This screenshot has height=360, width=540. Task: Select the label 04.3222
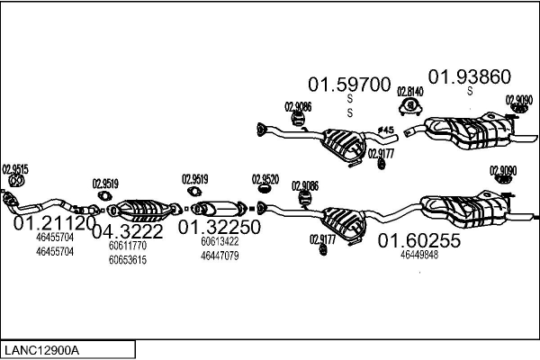pyautogui.click(x=127, y=231)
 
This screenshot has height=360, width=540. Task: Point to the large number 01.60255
pyautogui.click(x=418, y=240)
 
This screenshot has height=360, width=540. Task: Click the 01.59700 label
pyautogui.click(x=350, y=85)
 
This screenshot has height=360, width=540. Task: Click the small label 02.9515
pyautogui.click(x=15, y=168)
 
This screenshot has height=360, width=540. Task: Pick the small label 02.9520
pyautogui.click(x=265, y=178)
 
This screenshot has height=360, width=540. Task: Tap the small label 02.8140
pyautogui.click(x=410, y=92)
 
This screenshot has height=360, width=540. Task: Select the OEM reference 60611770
pyautogui.click(x=127, y=245)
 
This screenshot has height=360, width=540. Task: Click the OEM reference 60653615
pyautogui.click(x=127, y=260)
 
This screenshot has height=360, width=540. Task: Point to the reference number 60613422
pyautogui.click(x=220, y=240)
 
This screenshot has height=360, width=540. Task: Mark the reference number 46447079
pyautogui.click(x=220, y=256)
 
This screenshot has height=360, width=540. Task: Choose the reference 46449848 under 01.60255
pyautogui.click(x=419, y=255)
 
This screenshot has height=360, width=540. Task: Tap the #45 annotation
pyautogui.click(x=386, y=131)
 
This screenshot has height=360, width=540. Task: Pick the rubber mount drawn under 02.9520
pyautogui.click(x=265, y=190)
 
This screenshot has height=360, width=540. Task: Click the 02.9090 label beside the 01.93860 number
pyautogui.click(x=518, y=99)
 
